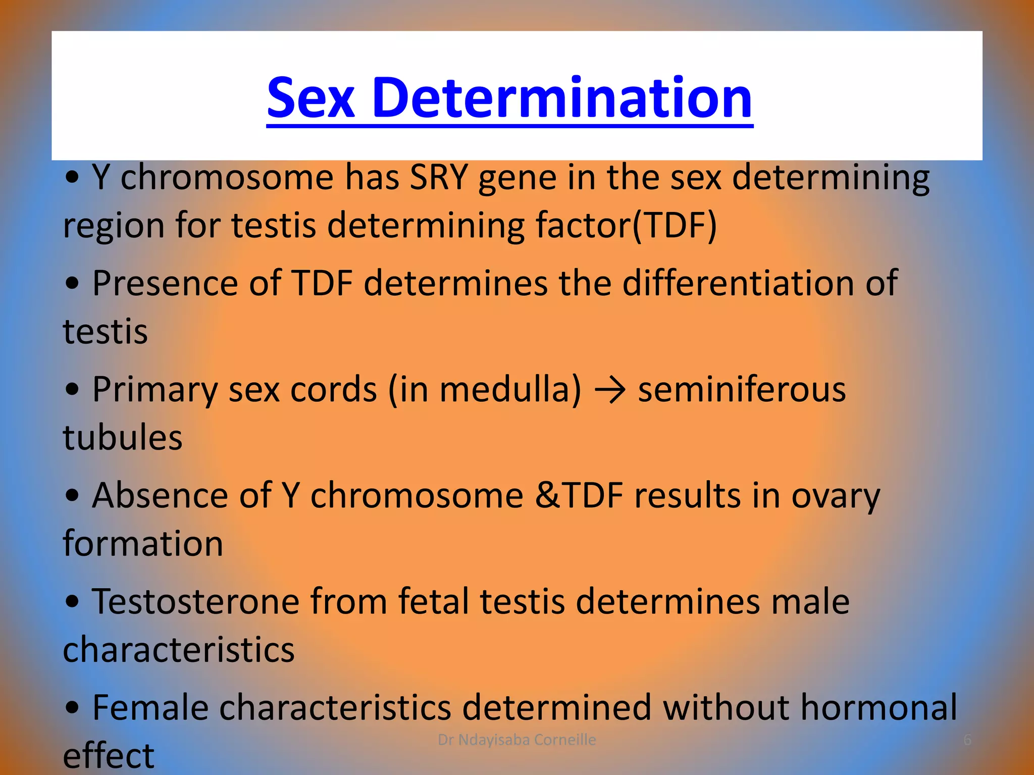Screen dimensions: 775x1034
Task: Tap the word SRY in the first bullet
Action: [438, 178]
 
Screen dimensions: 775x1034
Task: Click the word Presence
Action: [165, 283]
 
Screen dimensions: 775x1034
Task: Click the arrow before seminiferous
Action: [610, 390]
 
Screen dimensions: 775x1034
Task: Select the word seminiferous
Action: [742, 390]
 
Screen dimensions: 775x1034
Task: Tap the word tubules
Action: [123, 437]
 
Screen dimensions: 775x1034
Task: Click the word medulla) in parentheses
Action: [510, 390]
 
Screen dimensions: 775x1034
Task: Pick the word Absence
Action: [160, 495]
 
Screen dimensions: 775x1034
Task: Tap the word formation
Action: [143, 543]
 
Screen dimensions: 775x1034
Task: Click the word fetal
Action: [434, 601]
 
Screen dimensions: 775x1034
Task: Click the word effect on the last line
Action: [109, 755]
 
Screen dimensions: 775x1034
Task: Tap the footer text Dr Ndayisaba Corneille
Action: [516, 740]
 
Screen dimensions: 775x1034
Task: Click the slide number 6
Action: [967, 740]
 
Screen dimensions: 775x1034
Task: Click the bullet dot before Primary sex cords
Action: [73, 390]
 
